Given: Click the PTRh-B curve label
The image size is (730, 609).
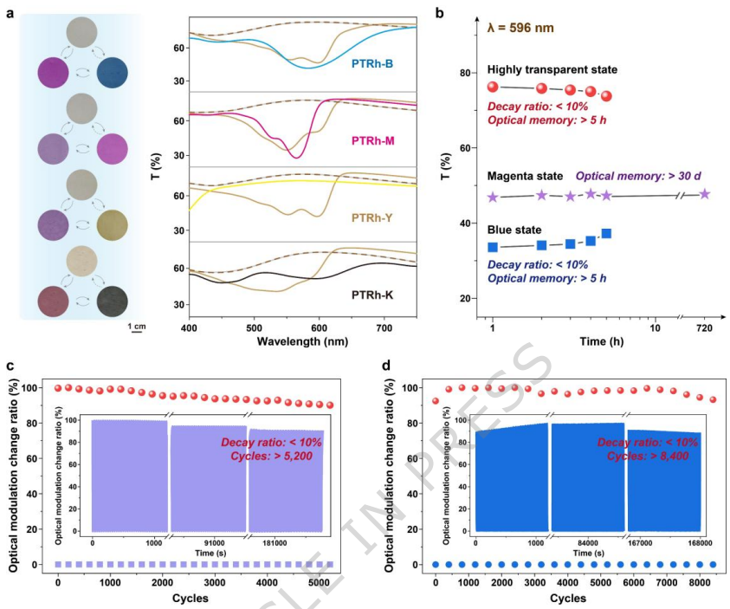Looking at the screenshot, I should (x=372, y=64).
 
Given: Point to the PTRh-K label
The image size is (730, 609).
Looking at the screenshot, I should (x=374, y=295).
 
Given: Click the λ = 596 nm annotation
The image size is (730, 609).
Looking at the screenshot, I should (x=520, y=29).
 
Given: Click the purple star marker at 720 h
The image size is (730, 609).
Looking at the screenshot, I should (x=705, y=194).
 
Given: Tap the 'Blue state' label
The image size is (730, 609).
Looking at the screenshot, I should (x=514, y=230).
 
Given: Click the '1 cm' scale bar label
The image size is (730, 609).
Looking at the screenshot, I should (x=137, y=326).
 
